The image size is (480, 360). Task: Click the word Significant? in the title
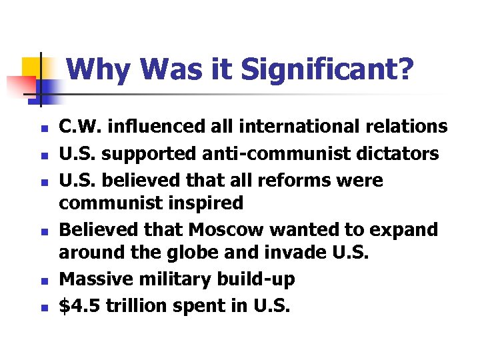(x=327, y=69)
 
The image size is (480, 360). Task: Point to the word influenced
(x=148, y=126)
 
